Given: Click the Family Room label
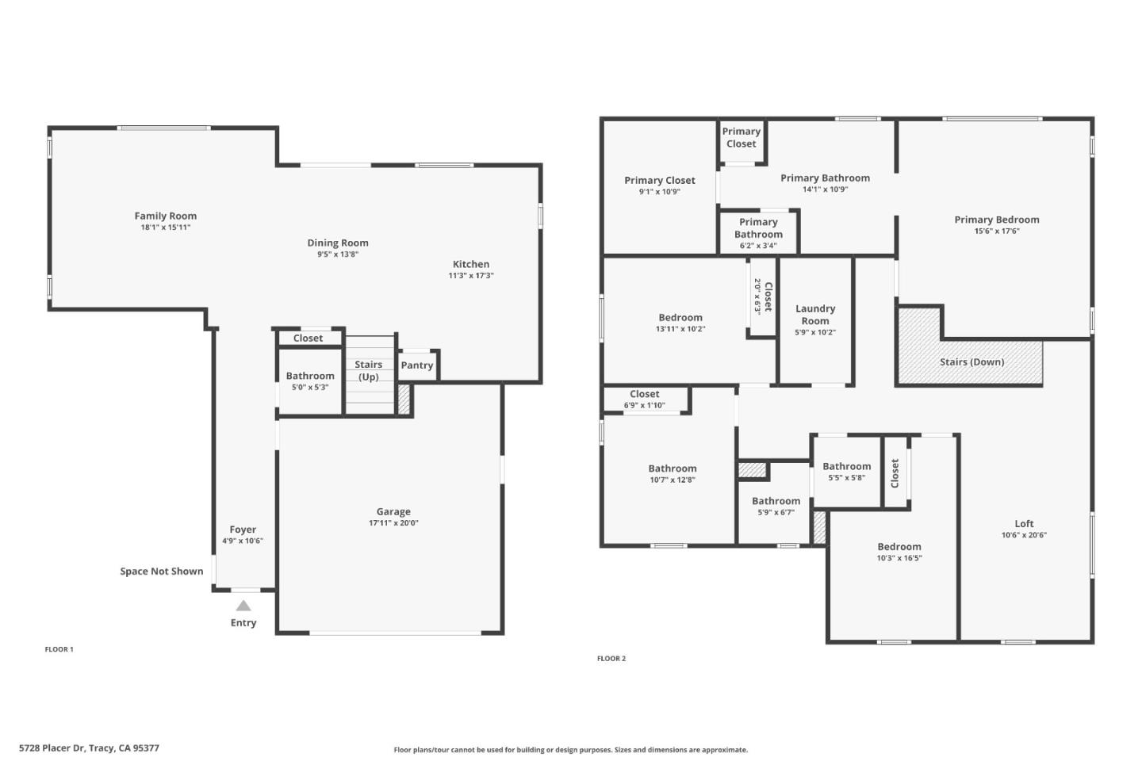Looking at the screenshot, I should click(165, 216).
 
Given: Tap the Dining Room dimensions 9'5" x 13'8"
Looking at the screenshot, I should click(338, 254).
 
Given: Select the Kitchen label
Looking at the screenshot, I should click(471, 264).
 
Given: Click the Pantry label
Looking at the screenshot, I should click(417, 365).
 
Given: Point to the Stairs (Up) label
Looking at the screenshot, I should click(369, 370).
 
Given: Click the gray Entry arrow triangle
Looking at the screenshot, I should click(243, 606).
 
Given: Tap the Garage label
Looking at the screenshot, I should click(393, 511).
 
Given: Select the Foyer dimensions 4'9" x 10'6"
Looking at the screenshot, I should click(243, 541).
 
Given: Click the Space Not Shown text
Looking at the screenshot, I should click(162, 571).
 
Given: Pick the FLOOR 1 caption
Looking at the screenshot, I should click(59, 649).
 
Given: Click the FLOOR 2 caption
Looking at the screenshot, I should click(611, 658).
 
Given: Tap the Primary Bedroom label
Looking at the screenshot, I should click(997, 220).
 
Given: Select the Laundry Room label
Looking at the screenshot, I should click(815, 315).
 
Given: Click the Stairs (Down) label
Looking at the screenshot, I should click(971, 361).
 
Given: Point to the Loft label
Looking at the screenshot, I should click(1024, 523).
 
